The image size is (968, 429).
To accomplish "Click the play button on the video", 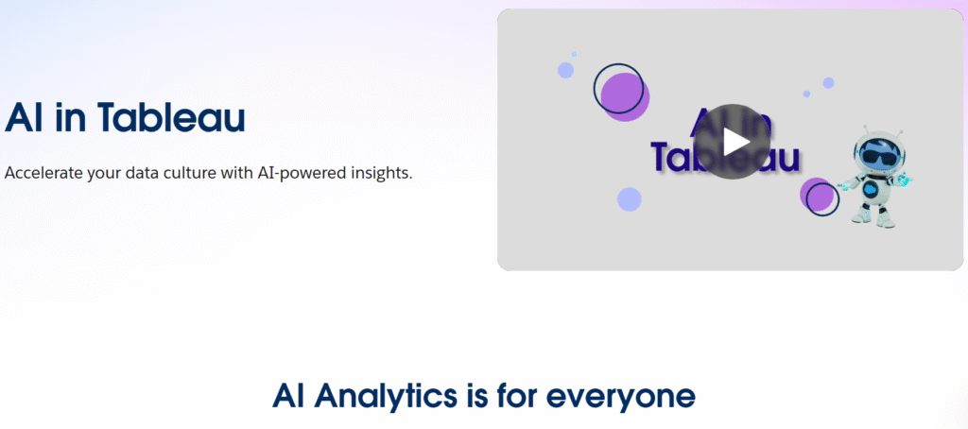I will (x=735, y=141).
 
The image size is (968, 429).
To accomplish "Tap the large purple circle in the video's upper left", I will (x=623, y=96).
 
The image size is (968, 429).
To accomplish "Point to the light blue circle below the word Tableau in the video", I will (x=630, y=199).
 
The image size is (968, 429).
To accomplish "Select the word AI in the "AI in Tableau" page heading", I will (x=22, y=117).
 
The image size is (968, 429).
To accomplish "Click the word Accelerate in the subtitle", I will (x=43, y=174).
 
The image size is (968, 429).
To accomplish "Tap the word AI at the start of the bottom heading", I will (x=289, y=395).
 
